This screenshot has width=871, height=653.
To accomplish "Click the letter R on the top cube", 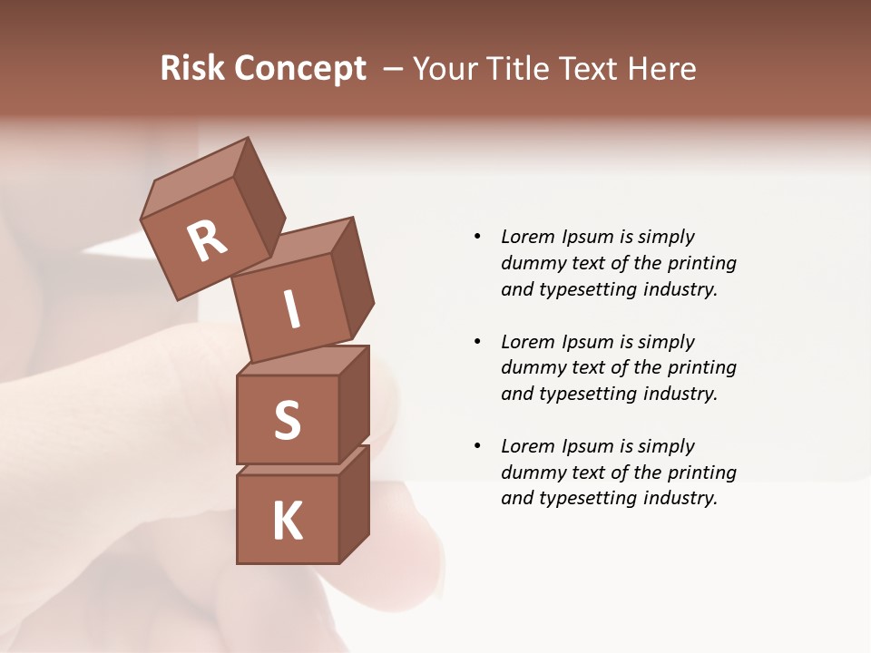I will [x=208, y=240].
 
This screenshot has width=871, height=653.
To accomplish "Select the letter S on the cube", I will [x=288, y=420].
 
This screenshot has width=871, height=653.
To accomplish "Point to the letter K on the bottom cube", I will [x=288, y=521].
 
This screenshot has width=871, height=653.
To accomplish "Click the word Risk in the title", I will [x=193, y=68].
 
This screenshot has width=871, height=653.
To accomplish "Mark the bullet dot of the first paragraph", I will [x=477, y=237].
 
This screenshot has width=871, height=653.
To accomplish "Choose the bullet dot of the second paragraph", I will [x=477, y=342].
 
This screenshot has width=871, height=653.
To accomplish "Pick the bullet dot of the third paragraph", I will [x=477, y=446].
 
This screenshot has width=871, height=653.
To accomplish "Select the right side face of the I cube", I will [x=352, y=277].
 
